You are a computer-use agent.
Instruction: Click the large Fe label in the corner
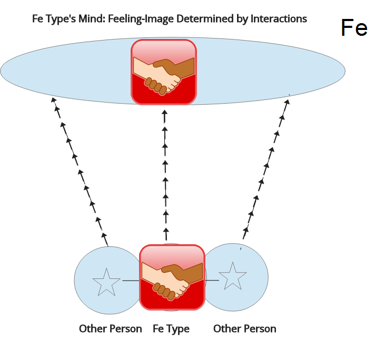(x=354, y=27)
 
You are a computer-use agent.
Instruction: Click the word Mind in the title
(x=105, y=19)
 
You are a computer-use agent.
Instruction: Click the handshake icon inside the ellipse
(x=164, y=72)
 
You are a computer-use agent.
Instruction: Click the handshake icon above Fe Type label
(x=172, y=277)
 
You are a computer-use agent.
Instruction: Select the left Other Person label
(x=111, y=329)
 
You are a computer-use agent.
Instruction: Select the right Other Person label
(x=244, y=329)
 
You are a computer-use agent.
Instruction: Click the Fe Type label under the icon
(x=171, y=329)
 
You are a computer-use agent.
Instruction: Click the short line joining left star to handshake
(x=130, y=281)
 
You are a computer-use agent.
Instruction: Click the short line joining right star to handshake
(x=212, y=281)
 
